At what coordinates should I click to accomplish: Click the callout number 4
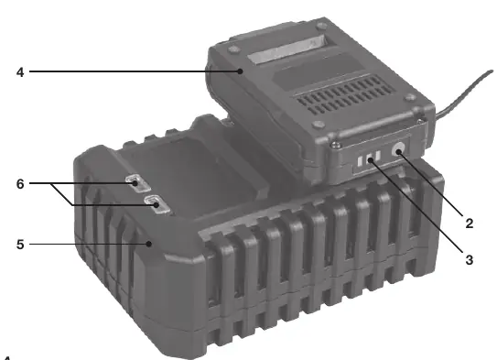[20, 72]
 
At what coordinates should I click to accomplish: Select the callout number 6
[20, 183]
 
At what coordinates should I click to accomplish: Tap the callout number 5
[20, 245]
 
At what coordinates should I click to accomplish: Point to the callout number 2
[470, 224]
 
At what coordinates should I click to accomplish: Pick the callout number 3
[470, 260]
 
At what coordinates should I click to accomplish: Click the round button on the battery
[398, 149]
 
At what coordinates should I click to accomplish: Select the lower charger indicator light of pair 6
[157, 204]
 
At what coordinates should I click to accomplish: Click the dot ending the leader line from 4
[241, 71]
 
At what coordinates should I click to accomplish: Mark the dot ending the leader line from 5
[149, 244]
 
